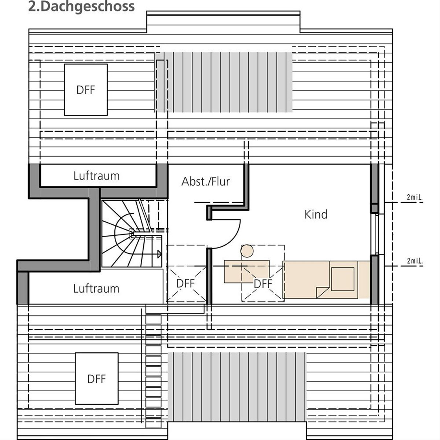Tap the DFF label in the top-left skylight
tap(86, 90)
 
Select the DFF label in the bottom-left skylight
tap(96, 379)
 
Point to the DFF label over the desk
tap(263, 284)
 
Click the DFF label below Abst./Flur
tap(186, 283)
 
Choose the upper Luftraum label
tap(96, 176)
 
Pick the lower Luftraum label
tap(96, 289)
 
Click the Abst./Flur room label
tap(205, 181)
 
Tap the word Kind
tap(316, 214)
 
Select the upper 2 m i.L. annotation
tap(415, 198)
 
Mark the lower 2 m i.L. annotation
tap(415, 261)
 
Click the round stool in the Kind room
tap(247, 251)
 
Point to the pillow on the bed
tap(342, 279)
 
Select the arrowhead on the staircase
tap(159, 254)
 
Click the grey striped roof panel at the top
tap(224, 82)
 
